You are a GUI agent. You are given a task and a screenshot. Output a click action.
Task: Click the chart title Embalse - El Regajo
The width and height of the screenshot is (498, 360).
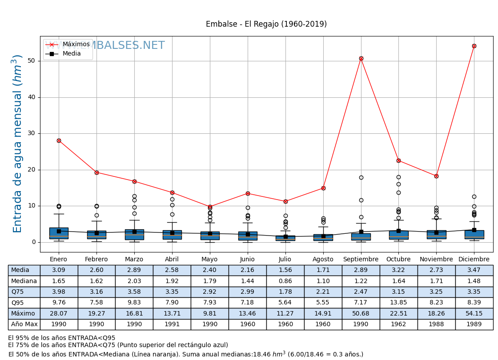[266, 24]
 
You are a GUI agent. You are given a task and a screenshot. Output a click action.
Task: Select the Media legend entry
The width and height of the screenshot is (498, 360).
[72, 54]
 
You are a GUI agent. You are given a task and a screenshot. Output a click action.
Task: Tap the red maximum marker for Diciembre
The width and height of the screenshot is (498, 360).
[474, 46]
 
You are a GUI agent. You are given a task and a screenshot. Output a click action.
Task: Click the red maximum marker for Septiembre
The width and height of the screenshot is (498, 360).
[361, 58]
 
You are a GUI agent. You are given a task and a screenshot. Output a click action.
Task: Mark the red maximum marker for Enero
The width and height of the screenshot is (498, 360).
[59, 140]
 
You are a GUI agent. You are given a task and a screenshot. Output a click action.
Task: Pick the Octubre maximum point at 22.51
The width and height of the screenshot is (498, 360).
[398, 160]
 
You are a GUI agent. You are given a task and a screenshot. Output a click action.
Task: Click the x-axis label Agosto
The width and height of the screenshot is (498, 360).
[323, 259]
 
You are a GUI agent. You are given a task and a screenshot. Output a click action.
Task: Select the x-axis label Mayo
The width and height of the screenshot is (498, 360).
[209, 259]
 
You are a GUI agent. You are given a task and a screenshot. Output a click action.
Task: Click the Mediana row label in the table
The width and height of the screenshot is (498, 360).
[24, 281]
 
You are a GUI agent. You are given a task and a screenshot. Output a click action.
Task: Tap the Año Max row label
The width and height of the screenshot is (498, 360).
[24, 324]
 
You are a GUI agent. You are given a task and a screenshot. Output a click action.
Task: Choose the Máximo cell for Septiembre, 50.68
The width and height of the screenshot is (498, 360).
[361, 313]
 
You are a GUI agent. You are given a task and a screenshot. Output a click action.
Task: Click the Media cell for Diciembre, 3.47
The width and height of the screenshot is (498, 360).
[474, 270]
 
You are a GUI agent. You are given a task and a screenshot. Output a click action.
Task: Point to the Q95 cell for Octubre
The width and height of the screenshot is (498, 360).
[398, 303]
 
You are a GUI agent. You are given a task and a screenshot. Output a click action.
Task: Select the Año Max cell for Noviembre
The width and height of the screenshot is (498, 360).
[436, 324]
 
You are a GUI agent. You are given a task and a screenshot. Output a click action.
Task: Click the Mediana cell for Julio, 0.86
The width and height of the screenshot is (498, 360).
[285, 281]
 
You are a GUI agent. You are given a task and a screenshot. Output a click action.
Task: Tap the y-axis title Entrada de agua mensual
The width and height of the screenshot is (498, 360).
[17, 144]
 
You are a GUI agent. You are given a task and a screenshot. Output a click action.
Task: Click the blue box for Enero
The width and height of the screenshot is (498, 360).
[59, 233]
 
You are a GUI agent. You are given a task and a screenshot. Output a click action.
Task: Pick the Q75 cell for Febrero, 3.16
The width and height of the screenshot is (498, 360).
[96, 292]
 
